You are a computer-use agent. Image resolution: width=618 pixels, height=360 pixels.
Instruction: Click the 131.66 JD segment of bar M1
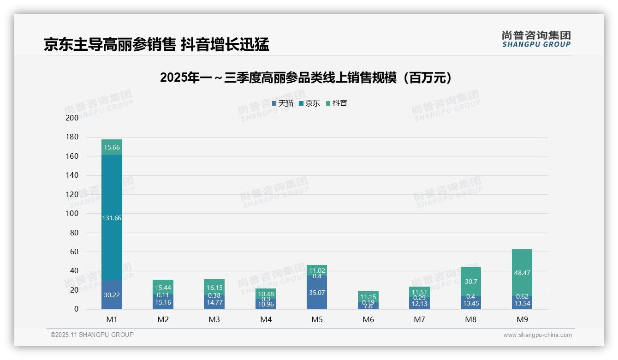[x=112, y=217]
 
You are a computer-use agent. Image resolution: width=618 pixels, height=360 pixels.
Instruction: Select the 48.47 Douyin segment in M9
[x=522, y=272]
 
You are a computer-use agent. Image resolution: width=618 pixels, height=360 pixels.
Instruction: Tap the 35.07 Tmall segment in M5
[x=316, y=293]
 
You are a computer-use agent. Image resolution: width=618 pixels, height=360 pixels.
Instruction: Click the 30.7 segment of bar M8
[x=471, y=281]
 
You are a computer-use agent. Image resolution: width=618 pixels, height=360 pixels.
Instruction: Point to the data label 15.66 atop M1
[x=112, y=147]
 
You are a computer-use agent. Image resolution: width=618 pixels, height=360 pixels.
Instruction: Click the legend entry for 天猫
[x=283, y=103]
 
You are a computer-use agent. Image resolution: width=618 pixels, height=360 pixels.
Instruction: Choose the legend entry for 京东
[x=309, y=103]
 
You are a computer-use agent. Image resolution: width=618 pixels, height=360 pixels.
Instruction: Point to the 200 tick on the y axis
[x=72, y=118]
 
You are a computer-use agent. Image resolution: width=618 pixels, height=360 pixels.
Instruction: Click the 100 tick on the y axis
[x=72, y=214]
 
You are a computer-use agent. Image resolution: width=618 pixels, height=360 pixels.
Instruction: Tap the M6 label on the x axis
[x=368, y=319]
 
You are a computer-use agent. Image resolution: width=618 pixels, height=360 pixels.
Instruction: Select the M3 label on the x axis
[x=214, y=319]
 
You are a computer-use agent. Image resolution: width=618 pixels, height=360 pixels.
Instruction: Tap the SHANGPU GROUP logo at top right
[x=536, y=39]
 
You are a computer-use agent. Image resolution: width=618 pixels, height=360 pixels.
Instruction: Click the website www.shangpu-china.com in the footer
[x=537, y=335]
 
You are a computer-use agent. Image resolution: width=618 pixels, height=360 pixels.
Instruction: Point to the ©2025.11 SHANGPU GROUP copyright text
[x=92, y=335]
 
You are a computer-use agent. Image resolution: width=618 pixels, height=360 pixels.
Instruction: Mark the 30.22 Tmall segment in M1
[x=112, y=295]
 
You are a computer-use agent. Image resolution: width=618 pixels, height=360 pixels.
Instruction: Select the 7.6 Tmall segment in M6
[x=368, y=306]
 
